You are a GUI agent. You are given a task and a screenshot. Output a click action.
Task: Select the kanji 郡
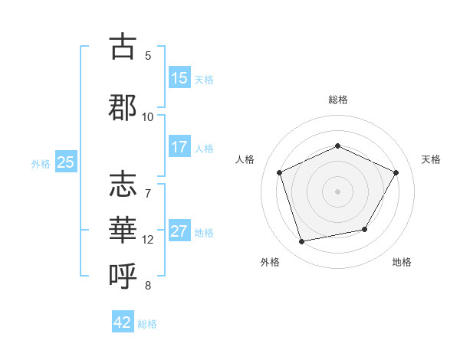[x=123, y=106]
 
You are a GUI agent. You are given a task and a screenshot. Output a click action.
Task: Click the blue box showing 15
[x=179, y=78]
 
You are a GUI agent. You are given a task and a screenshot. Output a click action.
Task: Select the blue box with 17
[x=179, y=147]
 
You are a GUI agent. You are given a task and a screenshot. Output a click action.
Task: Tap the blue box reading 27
[x=179, y=231]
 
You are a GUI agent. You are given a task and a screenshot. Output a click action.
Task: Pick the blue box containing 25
[x=65, y=162]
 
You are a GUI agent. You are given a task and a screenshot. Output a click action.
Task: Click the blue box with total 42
[x=123, y=322]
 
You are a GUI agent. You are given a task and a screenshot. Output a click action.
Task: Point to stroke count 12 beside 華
[x=148, y=240]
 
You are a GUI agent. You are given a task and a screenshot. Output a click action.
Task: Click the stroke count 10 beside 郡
[x=148, y=116]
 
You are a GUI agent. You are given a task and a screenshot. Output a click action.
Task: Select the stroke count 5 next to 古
[x=148, y=55]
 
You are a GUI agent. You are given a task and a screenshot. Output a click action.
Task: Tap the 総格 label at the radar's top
[x=338, y=100]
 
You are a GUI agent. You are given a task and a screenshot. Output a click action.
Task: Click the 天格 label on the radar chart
[x=431, y=159]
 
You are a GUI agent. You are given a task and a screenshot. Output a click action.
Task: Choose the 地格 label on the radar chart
[x=402, y=262]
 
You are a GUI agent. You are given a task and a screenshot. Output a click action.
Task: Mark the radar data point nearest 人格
[x=281, y=172]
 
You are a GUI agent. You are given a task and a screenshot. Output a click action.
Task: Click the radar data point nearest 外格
[x=302, y=241]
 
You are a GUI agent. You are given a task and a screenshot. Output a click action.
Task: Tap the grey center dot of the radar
[x=338, y=191]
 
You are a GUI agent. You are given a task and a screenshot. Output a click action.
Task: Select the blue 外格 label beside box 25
[x=41, y=163]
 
